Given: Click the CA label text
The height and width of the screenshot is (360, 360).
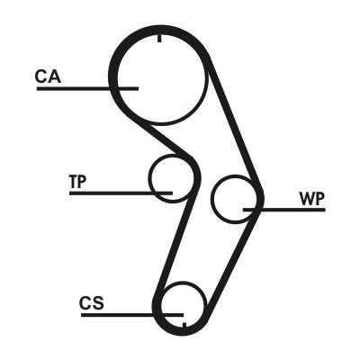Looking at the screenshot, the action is pos(48,76).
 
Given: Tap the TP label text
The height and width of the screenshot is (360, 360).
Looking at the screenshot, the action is pos(77,181).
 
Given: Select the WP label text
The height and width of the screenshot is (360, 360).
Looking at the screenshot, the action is pos(311,199).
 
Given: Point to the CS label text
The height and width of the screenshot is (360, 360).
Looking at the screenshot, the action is pos(92,303).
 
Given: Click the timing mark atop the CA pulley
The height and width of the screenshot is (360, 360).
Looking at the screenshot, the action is pos(159,38).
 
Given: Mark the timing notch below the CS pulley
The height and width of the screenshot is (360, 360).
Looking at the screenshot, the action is pos(184,326).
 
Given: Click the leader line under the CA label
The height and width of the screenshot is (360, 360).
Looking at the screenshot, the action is pos(87,88).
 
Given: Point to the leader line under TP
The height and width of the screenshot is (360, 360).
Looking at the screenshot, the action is pos(121,193).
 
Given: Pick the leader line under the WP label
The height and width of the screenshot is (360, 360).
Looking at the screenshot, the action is pos(284,210).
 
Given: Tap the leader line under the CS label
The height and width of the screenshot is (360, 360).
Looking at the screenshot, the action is pos(132,315).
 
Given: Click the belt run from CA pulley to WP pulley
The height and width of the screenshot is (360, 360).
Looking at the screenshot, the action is pos(235,123).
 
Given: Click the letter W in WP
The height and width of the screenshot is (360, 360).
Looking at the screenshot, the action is pos(307,199).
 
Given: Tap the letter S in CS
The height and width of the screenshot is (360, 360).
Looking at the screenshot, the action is pos(98,303).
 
